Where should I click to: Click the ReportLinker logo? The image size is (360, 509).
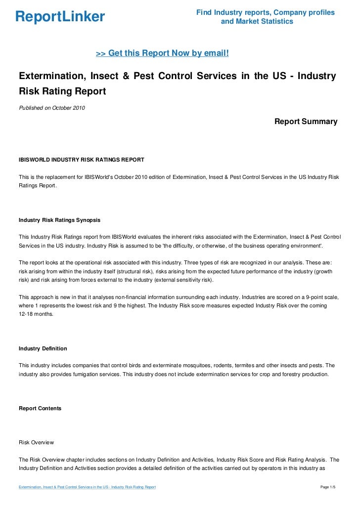tap(60, 17)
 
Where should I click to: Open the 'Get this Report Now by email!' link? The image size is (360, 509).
tap(162, 53)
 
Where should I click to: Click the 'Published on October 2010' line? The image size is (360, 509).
tap(51, 108)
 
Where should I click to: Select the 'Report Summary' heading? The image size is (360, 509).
tap(306, 121)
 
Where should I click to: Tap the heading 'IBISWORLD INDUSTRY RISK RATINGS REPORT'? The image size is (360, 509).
tap(81, 160)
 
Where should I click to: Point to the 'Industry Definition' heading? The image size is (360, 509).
tap(43, 348)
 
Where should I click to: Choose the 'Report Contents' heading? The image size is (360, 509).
tap(40, 408)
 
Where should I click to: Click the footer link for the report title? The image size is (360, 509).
tap(87, 487)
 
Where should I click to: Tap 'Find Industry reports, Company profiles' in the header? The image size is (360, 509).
tap(266, 12)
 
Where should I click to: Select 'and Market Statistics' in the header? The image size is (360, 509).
tap(257, 22)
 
